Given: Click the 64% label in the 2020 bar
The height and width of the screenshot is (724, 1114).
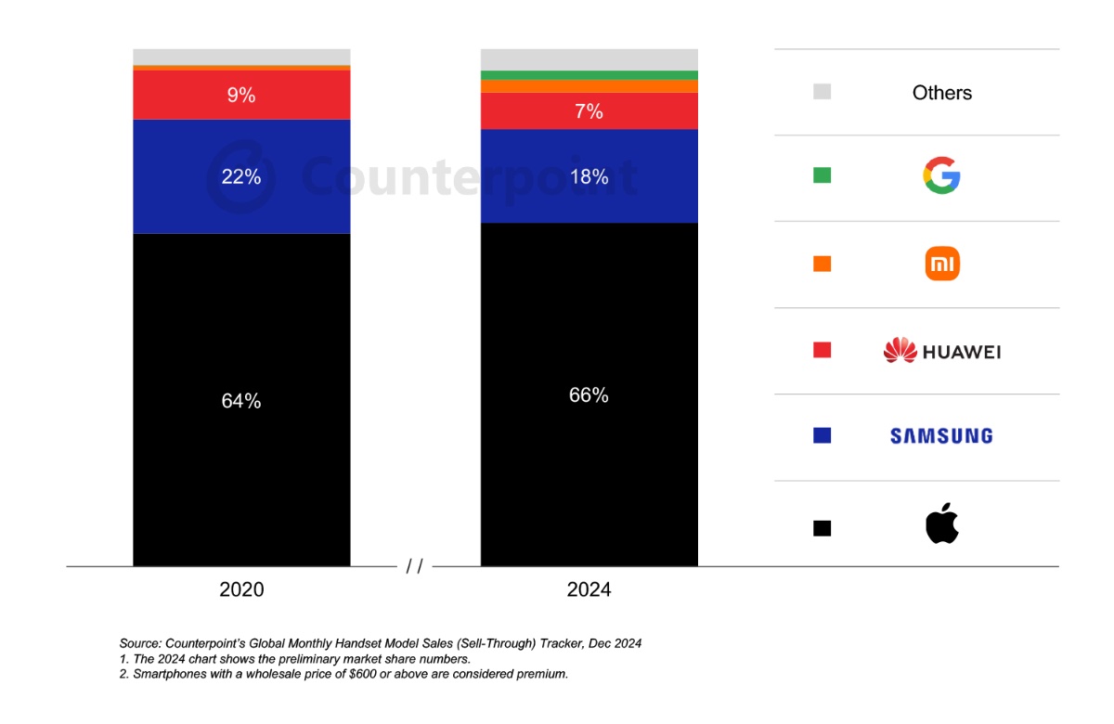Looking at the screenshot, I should (x=241, y=401).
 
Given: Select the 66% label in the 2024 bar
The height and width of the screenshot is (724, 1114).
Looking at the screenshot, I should (x=589, y=395).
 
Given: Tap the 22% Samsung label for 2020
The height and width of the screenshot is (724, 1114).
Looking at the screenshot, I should (x=241, y=176).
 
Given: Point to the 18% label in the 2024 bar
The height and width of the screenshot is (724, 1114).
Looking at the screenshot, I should (x=589, y=176).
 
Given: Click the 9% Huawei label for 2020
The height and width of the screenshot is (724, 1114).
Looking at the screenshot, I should (x=241, y=95).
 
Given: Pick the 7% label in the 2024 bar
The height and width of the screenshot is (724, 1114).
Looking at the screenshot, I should (x=589, y=111).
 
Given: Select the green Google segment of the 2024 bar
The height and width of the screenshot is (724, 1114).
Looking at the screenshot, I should (x=589, y=75).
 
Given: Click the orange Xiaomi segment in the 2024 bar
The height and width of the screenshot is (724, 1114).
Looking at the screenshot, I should (x=589, y=86).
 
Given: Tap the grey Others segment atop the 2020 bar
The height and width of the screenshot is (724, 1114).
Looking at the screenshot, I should (x=241, y=57).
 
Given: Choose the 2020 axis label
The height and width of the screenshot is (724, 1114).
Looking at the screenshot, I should (x=241, y=589).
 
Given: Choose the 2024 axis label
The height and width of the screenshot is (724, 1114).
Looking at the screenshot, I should (x=589, y=589).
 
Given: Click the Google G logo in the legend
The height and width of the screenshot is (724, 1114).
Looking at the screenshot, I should (x=941, y=175).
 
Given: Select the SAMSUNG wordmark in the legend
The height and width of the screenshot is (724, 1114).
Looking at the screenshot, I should (x=941, y=436).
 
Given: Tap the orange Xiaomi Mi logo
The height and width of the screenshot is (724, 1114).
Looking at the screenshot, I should (x=942, y=264).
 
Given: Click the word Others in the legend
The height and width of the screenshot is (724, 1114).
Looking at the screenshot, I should (x=942, y=93).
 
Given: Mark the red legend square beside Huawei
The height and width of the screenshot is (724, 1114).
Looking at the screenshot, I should (x=822, y=350).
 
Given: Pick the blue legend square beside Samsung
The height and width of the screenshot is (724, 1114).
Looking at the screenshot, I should (x=822, y=435).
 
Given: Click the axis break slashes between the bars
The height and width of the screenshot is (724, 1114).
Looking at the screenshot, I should (x=414, y=566).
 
